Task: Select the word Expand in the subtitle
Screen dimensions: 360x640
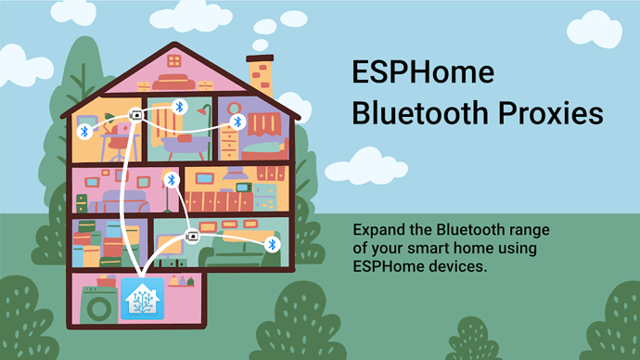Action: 379,229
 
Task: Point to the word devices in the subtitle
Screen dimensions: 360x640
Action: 459,266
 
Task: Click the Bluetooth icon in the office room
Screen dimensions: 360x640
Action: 83,132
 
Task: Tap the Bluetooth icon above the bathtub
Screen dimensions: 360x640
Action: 180,107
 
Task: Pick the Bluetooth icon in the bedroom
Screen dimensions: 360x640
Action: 237,122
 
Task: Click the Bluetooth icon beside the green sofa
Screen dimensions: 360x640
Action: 272,244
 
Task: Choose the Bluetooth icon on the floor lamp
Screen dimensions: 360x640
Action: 170,180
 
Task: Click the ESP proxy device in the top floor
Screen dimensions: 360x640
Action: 136,116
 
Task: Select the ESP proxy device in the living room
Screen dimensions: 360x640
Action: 193,236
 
